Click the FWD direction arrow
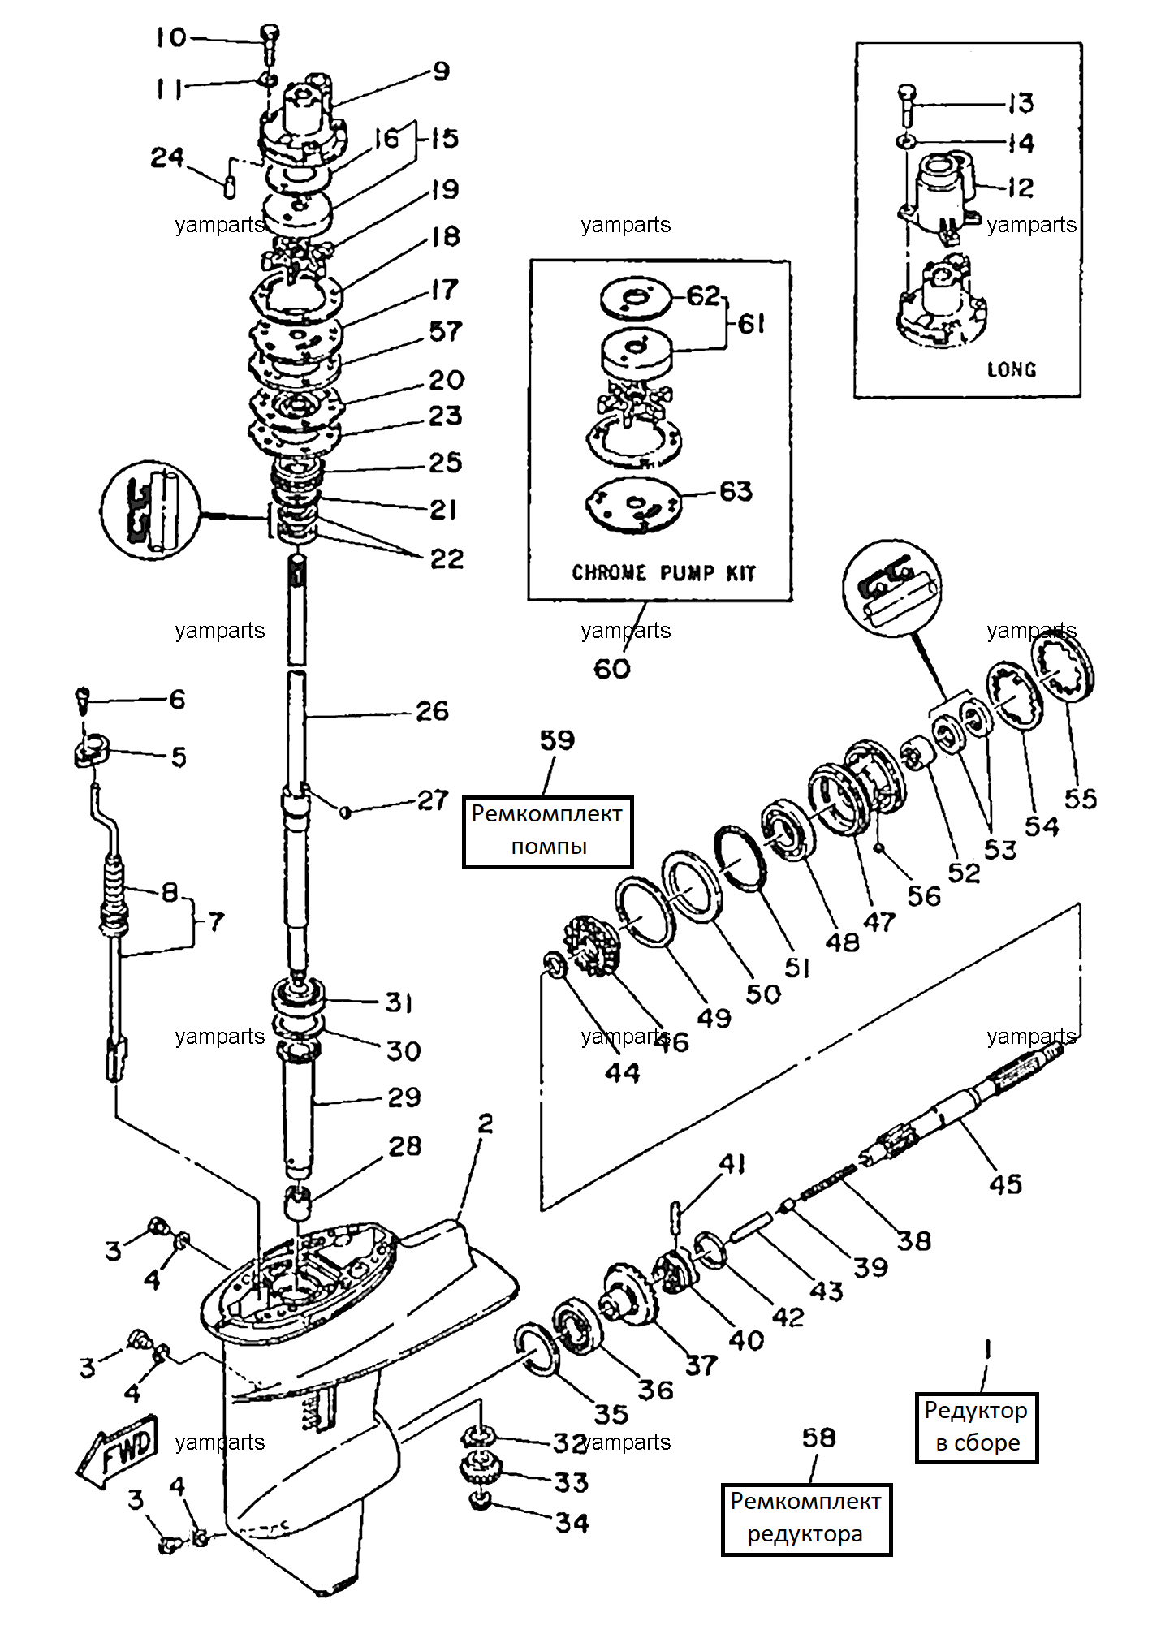[x=118, y=1453]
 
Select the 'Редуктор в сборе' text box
[x=977, y=1428]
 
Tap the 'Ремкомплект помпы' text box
[x=547, y=831]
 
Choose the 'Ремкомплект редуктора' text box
[x=806, y=1520]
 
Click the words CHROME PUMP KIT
[x=664, y=573]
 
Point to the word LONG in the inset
[x=1012, y=370]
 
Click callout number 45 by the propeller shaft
[x=1005, y=1184]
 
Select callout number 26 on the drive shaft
[x=432, y=711]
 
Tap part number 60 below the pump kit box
[x=612, y=669]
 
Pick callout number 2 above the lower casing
[x=486, y=1123]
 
